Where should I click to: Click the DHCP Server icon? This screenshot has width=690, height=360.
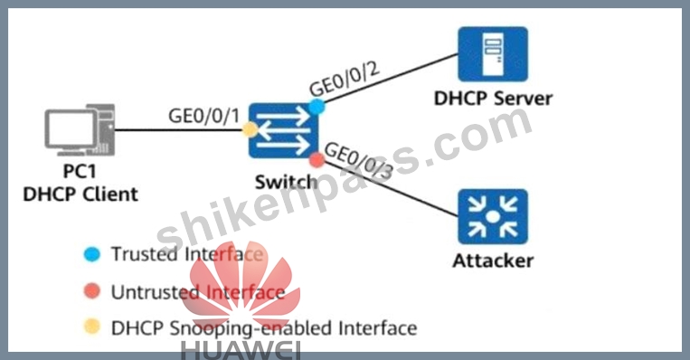[493, 54]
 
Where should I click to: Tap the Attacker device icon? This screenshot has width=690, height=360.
[493, 216]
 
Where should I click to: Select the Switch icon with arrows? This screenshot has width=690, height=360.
[283, 131]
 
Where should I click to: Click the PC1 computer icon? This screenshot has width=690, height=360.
[80, 130]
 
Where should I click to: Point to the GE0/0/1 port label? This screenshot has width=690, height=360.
[204, 116]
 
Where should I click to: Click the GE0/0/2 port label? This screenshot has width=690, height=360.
[345, 79]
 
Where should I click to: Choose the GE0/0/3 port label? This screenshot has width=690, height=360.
[358, 161]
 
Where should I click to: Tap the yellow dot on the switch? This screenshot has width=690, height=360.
[250, 130]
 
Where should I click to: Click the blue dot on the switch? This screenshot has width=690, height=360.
[317, 107]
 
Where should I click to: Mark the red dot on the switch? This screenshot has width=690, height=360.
[317, 160]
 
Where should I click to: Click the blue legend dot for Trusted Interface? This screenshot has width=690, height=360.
[92, 254]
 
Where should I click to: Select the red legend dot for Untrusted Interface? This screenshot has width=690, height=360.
[92, 291]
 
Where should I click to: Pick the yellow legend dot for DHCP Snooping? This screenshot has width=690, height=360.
[92, 327]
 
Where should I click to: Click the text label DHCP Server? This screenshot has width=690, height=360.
[493, 99]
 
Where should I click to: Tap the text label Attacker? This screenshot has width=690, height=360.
[493, 261]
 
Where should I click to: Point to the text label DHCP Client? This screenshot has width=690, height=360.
[80, 194]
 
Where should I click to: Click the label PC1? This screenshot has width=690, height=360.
[80, 171]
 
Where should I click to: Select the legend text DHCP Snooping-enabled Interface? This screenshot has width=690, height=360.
[264, 328]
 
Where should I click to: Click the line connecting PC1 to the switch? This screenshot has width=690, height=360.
[179, 130]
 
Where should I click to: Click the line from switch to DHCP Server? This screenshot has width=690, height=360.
[391, 79]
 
